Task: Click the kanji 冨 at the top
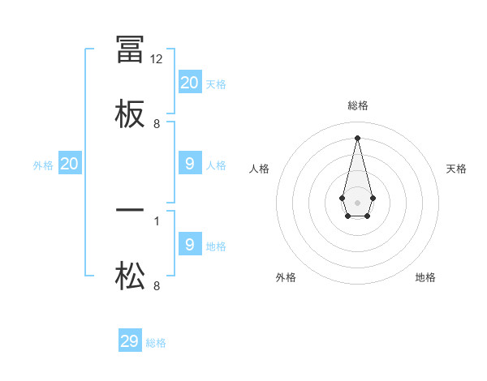click(x=130, y=49)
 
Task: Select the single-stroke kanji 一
click(x=130, y=210)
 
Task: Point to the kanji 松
click(x=130, y=276)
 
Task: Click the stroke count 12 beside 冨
click(x=157, y=59)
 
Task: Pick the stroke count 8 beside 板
click(x=157, y=124)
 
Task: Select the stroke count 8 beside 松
click(x=157, y=285)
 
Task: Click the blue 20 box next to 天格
click(x=190, y=82)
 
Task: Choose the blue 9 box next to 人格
click(x=190, y=164)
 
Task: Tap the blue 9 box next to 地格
click(x=190, y=244)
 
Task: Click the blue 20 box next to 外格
click(x=70, y=164)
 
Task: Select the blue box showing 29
click(x=130, y=341)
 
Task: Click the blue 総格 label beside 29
click(x=156, y=343)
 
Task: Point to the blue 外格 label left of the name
click(x=43, y=165)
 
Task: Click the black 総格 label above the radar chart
click(x=358, y=105)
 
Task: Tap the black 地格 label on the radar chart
click(x=425, y=277)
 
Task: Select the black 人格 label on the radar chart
click(x=260, y=169)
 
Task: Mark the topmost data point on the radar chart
click(x=357, y=137)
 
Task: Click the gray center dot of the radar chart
click(x=357, y=201)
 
